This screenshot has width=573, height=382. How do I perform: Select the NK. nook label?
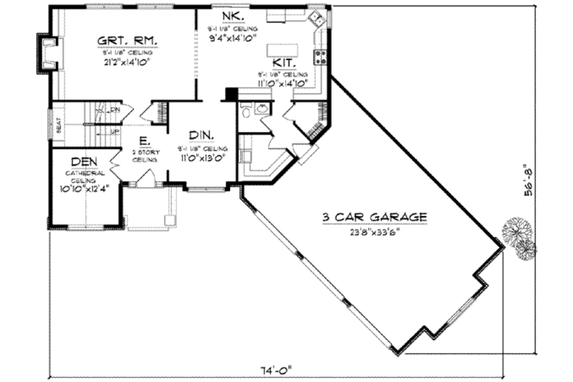tap(233, 15)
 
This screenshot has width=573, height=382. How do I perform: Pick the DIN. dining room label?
tap(201, 135)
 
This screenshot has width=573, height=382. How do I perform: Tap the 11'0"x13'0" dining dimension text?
tap(201, 157)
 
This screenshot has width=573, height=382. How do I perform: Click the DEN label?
tap(85, 163)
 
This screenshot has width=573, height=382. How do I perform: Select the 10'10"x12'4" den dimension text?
tap(84, 188)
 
